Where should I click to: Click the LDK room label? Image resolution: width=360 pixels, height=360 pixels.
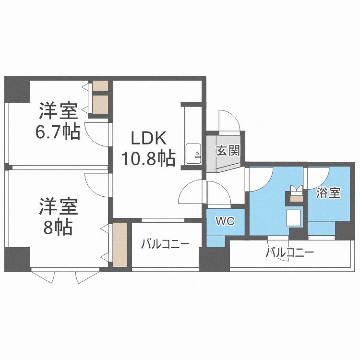pyautogui.click(x=150, y=139)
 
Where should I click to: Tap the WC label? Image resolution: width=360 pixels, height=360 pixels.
pyautogui.click(x=225, y=221)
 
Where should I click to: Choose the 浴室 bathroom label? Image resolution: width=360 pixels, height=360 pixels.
pyautogui.click(x=329, y=193)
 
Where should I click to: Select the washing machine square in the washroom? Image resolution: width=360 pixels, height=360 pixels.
pyautogui.click(x=293, y=217)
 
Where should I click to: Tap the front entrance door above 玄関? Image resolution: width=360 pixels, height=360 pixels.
pyautogui.click(x=228, y=120)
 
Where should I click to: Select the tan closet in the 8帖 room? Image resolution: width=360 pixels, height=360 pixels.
pyautogui.click(x=120, y=244)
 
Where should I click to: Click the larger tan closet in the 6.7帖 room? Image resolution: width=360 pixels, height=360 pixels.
pyautogui.click(x=100, y=104)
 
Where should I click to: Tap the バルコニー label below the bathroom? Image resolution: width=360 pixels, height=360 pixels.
pyautogui.click(x=289, y=252)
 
